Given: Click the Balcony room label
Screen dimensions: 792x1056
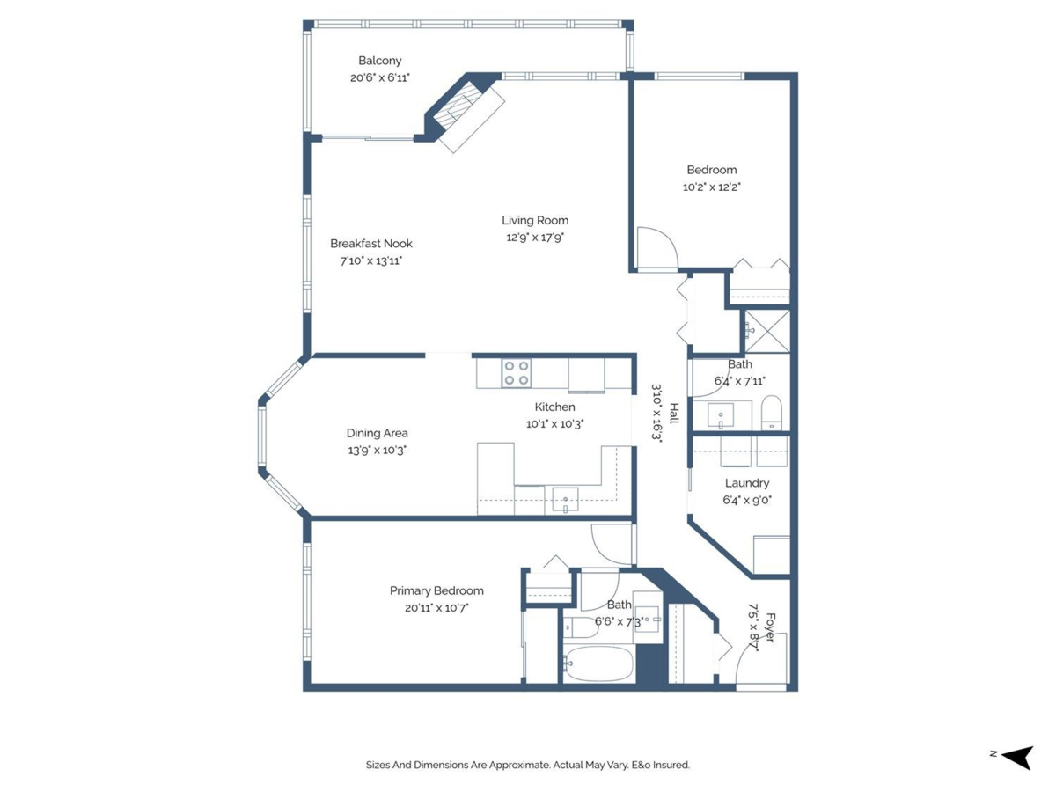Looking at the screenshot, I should pyautogui.click(x=379, y=61).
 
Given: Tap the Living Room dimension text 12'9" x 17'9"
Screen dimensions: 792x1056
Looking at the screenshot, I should pyautogui.click(x=535, y=237).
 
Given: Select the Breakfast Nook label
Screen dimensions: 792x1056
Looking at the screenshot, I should pyautogui.click(x=370, y=244).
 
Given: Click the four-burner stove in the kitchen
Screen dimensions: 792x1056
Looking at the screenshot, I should pyautogui.click(x=516, y=373).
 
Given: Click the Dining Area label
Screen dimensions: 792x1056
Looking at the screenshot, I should pyautogui.click(x=377, y=433).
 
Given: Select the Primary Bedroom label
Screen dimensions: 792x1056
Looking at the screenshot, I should pyautogui.click(x=436, y=590).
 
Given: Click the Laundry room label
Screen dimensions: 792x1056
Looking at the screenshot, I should pyautogui.click(x=747, y=483).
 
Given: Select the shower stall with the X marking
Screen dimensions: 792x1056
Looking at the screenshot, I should pyautogui.click(x=766, y=331).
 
